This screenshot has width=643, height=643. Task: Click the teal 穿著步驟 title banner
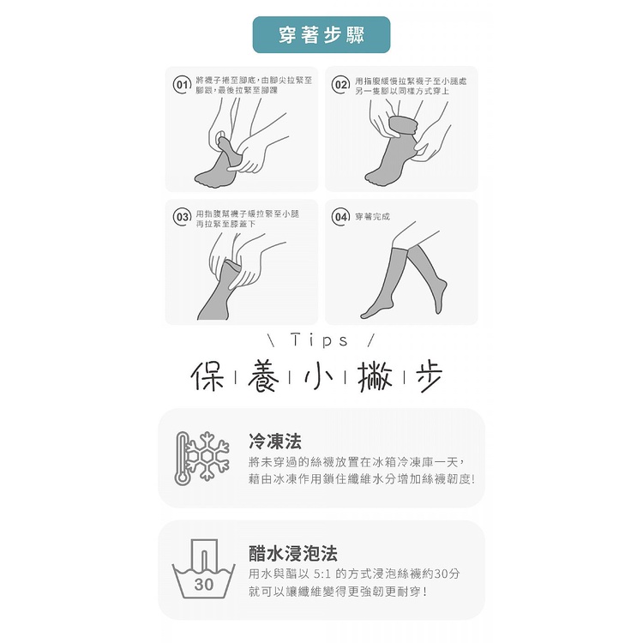321,35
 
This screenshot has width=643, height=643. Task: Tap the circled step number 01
182,85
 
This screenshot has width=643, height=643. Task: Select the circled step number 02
340,85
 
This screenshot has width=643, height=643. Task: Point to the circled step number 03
182,217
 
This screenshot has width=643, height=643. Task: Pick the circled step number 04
340,217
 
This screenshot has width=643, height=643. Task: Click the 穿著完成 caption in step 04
372,217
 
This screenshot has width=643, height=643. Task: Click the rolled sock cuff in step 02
403,125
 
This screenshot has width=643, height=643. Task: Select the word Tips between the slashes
320,340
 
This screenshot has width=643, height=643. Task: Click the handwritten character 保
208,376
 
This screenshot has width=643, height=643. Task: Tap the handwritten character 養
263,376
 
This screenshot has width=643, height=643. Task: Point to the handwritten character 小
318,376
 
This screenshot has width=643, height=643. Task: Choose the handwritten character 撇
375,376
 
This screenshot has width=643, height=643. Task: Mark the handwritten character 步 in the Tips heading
430,377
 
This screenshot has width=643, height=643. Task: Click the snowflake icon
208,455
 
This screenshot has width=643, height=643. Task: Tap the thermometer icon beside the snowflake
182,459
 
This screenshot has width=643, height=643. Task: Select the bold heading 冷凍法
274,442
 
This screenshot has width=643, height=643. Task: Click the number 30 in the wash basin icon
204,584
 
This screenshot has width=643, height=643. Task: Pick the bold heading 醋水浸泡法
293,553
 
